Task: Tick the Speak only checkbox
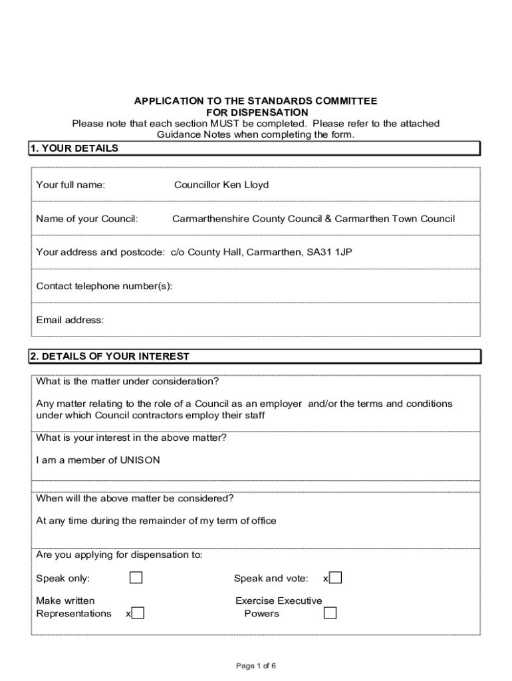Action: tap(136, 577)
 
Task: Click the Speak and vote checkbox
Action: tap(336, 577)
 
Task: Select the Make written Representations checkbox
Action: tap(138, 613)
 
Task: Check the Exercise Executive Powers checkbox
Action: tap(330, 613)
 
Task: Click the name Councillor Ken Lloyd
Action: tap(221, 185)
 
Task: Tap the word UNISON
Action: tap(140, 460)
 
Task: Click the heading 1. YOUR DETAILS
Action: tap(74, 148)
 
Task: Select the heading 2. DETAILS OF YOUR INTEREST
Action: tap(110, 356)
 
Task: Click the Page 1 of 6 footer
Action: tap(256, 666)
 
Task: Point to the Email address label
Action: tap(70, 320)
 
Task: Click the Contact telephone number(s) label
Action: tap(104, 286)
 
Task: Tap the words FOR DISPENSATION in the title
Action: tap(257, 112)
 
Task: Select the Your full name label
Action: tap(70, 185)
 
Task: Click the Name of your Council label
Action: tap(87, 219)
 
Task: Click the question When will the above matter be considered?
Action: tap(134, 498)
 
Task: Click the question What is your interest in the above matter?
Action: tap(131, 438)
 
